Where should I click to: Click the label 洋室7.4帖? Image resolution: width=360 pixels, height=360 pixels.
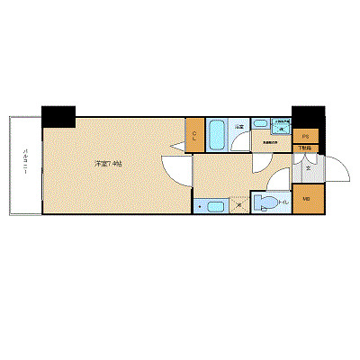click(x=109, y=164)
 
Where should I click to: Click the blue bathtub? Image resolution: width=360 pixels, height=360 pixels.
click(x=218, y=135)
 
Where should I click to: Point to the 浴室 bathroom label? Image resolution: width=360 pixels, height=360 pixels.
click(x=240, y=128)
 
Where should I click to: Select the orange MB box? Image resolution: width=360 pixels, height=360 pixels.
click(x=306, y=199)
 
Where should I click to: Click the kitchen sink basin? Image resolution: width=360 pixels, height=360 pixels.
click(x=215, y=207)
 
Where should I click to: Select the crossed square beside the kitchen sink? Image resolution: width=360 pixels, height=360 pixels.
click(x=238, y=206)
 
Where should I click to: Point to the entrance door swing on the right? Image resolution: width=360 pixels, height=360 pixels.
click(x=331, y=168)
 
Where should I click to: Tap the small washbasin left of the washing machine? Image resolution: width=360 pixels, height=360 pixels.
click(x=259, y=127)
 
